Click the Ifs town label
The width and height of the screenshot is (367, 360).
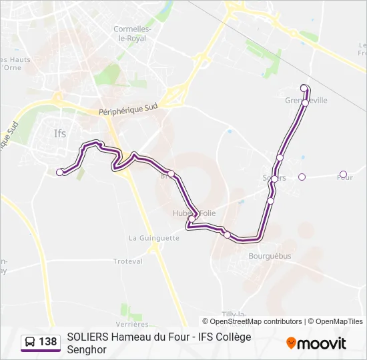(60, 133)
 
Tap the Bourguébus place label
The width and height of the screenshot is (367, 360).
(269, 255)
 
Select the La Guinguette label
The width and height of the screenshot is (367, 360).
(154, 237)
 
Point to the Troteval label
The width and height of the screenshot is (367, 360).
(128, 261)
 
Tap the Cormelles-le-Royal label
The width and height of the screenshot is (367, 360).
(133, 33)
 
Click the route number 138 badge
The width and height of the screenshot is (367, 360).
(47, 342)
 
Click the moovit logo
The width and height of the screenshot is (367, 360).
(316, 343)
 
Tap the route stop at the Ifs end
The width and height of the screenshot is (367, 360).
(60, 172)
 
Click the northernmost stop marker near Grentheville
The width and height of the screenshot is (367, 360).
(304, 88)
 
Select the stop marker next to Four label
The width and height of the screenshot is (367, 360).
(343, 175)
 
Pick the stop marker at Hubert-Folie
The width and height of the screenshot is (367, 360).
(192, 219)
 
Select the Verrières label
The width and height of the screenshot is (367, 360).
(135, 307)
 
